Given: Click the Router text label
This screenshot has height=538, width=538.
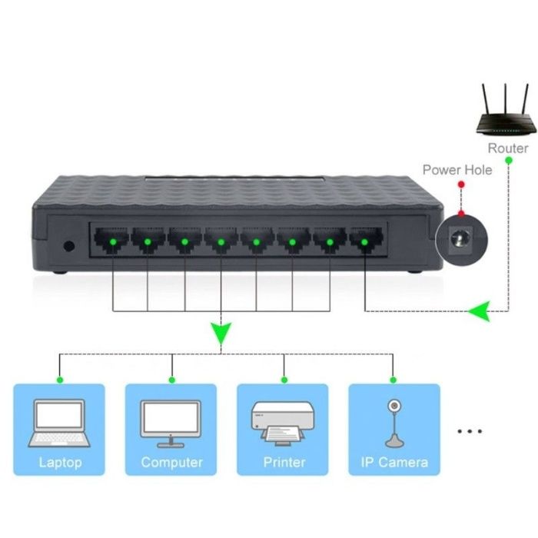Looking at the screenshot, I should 508,148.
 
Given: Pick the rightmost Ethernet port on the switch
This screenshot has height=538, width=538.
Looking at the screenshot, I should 364,242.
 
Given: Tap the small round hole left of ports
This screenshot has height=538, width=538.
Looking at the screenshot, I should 68,247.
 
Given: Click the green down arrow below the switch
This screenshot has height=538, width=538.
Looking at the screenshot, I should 221,334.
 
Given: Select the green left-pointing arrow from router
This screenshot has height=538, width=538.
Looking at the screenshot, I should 479,311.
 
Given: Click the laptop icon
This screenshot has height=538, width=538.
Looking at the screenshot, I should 58,423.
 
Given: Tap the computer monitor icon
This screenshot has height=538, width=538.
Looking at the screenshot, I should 171,423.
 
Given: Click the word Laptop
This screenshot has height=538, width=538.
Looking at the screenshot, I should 59,463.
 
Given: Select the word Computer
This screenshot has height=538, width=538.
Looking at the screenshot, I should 171,463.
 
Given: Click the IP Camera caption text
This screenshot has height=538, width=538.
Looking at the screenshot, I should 394,463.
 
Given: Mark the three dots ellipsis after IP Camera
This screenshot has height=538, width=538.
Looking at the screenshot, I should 469,431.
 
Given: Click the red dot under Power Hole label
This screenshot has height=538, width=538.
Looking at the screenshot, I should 460,185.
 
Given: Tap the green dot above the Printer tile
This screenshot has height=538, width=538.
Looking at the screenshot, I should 284,379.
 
